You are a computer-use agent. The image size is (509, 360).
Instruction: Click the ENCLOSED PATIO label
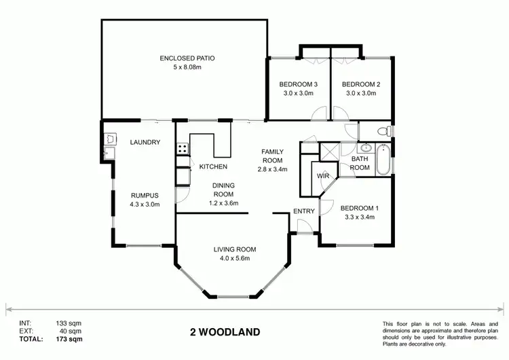183,58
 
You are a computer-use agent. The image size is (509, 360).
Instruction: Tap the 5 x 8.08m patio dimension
183,67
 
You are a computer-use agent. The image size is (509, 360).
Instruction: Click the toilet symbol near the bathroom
384,130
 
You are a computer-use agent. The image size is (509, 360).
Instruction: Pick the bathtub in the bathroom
385,160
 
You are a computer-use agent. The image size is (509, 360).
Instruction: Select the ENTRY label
304,211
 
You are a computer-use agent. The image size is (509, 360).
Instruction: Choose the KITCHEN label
213,166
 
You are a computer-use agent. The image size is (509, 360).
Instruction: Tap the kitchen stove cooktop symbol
182,148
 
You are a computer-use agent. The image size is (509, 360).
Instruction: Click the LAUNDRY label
145,142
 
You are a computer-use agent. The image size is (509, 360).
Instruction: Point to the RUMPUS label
144,194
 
